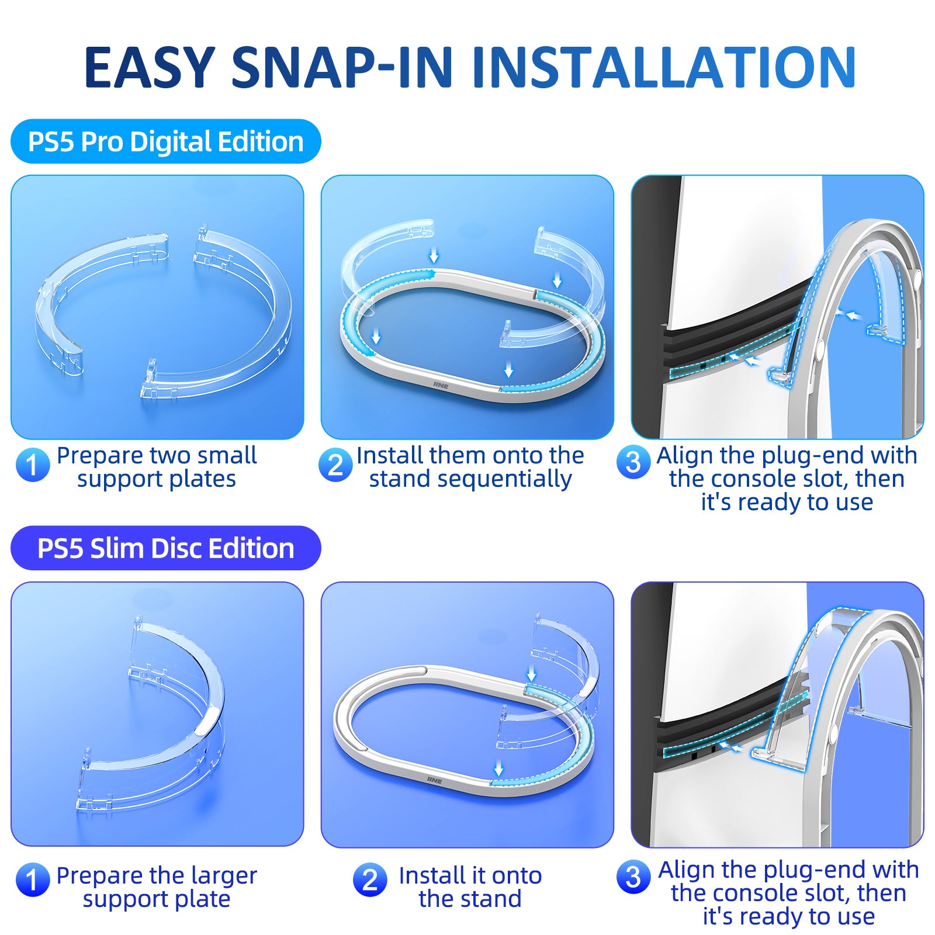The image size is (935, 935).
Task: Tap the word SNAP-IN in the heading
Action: [342, 67]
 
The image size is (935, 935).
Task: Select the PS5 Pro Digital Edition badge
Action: [166, 141]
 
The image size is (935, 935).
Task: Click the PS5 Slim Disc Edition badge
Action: [166, 548]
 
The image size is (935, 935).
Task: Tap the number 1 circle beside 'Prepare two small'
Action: [33, 465]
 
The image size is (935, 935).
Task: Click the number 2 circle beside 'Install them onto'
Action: [335, 465]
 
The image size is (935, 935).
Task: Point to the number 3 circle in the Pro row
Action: [633, 462]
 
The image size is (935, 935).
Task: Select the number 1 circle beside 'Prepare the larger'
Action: [33, 880]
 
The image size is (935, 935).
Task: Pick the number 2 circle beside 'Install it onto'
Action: [370, 880]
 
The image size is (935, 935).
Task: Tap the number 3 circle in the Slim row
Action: [633, 877]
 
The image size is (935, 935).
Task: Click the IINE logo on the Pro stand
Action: [441, 386]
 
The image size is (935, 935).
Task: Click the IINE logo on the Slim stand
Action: [434, 781]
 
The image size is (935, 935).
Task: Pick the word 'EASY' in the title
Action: [150, 67]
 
